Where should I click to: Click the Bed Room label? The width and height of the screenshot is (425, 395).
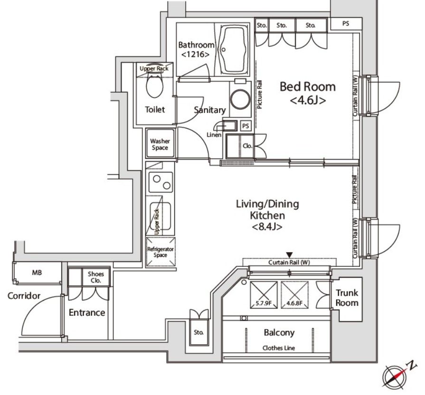pyautogui.click(x=308, y=87)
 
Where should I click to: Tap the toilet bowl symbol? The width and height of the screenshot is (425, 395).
pyautogui.click(x=154, y=85)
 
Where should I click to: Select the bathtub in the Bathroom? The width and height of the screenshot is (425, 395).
pyautogui.click(x=235, y=50)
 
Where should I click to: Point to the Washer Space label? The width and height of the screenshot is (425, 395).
pyautogui.click(x=160, y=144)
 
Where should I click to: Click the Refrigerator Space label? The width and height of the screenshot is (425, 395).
pyautogui.click(x=161, y=252)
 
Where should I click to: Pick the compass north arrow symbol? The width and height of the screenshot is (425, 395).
pyautogui.click(x=399, y=376)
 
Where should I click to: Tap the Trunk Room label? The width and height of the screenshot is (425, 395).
pyautogui.click(x=347, y=298)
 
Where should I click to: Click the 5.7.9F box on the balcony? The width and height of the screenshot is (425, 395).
pyautogui.click(x=264, y=295)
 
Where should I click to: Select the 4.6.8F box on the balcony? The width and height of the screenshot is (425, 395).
pyautogui.click(x=294, y=295)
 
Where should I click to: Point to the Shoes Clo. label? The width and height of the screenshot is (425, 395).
pyautogui.click(x=96, y=277)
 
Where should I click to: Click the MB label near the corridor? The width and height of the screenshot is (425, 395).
pyautogui.click(x=37, y=273)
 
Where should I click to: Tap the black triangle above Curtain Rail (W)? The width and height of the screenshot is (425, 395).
pyautogui.click(x=290, y=255)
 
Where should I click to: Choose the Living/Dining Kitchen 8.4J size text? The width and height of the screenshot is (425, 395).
pyautogui.click(x=267, y=226)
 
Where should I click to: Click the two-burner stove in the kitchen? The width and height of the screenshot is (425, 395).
pyautogui.click(x=161, y=182)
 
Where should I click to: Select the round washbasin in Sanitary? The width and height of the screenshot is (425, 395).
pyautogui.click(x=240, y=99)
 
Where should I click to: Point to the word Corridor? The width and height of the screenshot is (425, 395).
pyautogui.click(x=24, y=296)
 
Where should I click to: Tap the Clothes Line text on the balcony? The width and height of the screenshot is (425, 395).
pyautogui.click(x=279, y=348)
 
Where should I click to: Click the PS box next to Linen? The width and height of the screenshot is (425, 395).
pyautogui.click(x=246, y=126)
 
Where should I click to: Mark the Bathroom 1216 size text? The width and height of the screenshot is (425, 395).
pyautogui.click(x=195, y=55)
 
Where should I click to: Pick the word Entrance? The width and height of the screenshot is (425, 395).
pyautogui.click(x=87, y=312)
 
